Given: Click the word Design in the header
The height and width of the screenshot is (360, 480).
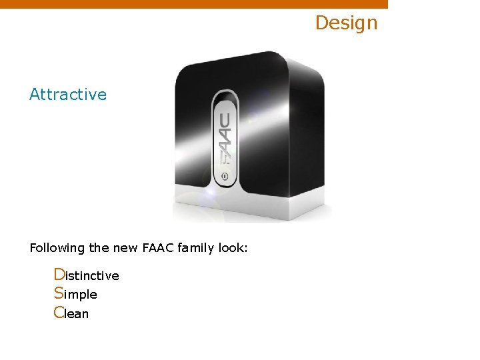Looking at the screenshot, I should click(346, 23).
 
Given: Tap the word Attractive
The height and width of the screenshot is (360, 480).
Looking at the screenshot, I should click(68, 95).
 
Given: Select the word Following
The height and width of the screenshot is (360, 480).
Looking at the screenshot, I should click(57, 248).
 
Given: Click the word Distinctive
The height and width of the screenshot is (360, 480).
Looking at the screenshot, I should click(86, 275).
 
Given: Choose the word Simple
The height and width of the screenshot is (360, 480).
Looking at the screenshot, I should click(75, 294).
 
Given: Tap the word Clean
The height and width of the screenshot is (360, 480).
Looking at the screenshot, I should click(71, 313).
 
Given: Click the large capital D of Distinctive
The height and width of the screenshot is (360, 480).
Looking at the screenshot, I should click(59, 275).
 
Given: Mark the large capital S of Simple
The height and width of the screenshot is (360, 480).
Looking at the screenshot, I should click(59, 293).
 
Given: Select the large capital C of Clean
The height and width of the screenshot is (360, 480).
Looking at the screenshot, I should click(59, 312).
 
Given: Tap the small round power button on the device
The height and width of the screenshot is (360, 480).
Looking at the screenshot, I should click(225, 177).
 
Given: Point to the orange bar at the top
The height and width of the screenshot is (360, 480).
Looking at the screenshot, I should click(193, 4).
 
